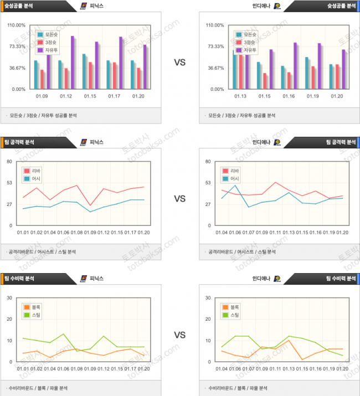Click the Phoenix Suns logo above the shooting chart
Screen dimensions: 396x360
click(84, 6)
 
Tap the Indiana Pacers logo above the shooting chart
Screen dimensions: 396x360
click(277, 6)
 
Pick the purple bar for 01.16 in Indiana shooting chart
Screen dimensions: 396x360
click(295, 65)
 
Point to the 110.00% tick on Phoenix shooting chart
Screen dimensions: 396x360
click(17, 25)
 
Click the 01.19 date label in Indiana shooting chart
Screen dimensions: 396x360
click(312, 96)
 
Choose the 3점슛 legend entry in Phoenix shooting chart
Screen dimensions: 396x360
click(51, 42)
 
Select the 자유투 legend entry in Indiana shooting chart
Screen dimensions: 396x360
click(249, 50)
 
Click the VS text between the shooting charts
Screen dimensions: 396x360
click(179, 63)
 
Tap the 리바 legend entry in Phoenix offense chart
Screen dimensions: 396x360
click(34, 171)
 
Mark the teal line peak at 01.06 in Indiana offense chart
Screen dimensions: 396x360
click(236, 185)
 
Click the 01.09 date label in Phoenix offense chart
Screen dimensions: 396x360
click(90, 233)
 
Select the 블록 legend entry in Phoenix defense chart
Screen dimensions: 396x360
click(34, 307)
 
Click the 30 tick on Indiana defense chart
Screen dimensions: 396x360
click(208, 298)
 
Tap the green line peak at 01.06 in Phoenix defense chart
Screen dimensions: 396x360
click(64, 334)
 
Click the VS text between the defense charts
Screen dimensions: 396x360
click(179, 335)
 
